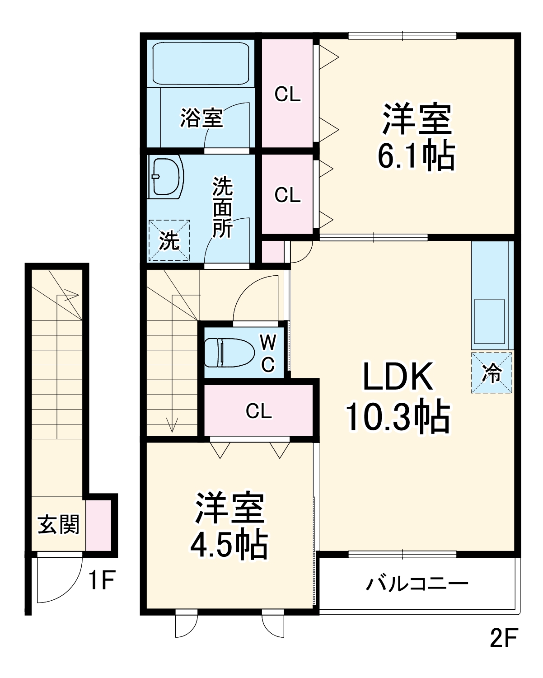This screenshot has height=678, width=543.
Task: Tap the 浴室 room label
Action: click(x=201, y=118)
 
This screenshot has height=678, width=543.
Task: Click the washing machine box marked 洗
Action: click(x=169, y=240)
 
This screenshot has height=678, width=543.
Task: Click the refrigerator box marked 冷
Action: click(x=492, y=373)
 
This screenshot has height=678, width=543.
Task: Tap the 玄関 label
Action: click(x=58, y=525)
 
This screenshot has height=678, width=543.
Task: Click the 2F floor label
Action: click(x=503, y=638)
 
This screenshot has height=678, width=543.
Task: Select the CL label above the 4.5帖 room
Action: click(x=259, y=411)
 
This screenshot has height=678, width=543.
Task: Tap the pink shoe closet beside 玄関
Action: click(x=98, y=525)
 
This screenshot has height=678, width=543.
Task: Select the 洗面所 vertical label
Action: click(x=223, y=207)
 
